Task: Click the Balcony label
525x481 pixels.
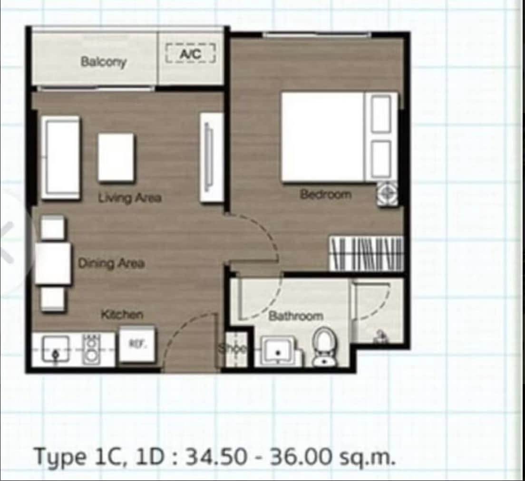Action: [x=104, y=62]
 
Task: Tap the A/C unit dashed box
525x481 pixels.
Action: [x=190, y=53]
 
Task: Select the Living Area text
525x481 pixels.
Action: [x=130, y=198]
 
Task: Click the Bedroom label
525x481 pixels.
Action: [x=326, y=194]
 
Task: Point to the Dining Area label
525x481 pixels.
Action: [x=111, y=263]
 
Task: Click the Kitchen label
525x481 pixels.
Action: [x=122, y=314]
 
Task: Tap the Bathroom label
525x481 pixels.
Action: [x=296, y=316]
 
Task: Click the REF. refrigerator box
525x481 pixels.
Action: [x=137, y=344]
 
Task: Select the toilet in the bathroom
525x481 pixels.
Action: [x=324, y=347]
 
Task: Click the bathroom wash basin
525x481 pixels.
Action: [x=278, y=351]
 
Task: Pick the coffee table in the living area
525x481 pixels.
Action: [x=116, y=158]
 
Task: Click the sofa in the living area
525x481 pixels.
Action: [x=60, y=158]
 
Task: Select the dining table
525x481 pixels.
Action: [x=53, y=264]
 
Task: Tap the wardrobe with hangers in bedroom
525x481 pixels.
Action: [x=366, y=254]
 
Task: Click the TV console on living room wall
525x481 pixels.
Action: [x=212, y=157]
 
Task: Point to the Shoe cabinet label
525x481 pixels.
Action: [x=233, y=348]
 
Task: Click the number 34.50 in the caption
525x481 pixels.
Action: [x=216, y=457]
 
